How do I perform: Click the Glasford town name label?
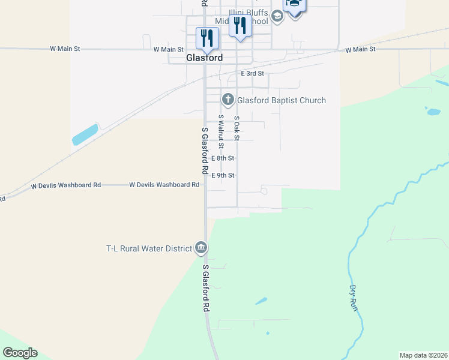tap(203, 58)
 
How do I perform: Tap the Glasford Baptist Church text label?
tap(282, 100)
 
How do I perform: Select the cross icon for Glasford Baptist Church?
tap(228, 99)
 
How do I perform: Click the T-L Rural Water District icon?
tap(201, 248)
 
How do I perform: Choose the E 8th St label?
tap(223, 158)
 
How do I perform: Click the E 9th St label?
tap(223, 175)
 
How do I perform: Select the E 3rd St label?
tap(252, 73)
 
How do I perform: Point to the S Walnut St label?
tap(221, 131)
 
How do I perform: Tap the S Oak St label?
tap(237, 128)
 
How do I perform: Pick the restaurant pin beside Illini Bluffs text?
tap(240, 26)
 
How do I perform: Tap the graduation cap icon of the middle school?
tap(277, 16)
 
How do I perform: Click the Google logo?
tap(20, 353)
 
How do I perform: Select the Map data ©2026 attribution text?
tap(423, 355)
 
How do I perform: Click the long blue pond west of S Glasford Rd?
tap(85, 135)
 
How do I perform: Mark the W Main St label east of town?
tap(360, 49)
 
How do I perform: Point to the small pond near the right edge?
tap(432, 111)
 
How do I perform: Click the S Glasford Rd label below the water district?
tap(205, 288)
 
